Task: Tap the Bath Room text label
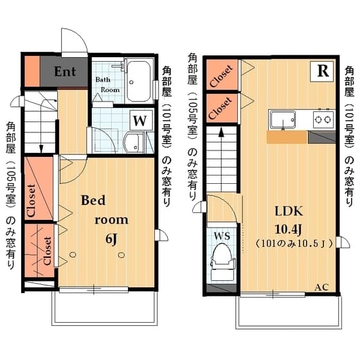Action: (107, 85)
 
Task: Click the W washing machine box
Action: (140, 120)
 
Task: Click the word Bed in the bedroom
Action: (93, 200)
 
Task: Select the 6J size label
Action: (111, 240)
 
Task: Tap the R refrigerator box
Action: (321, 72)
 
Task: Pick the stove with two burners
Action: (322, 119)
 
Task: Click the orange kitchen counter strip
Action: (286, 137)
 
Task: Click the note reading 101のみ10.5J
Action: (293, 244)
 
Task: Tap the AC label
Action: (321, 287)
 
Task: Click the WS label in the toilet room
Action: (221, 235)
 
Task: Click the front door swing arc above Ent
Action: (74, 42)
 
